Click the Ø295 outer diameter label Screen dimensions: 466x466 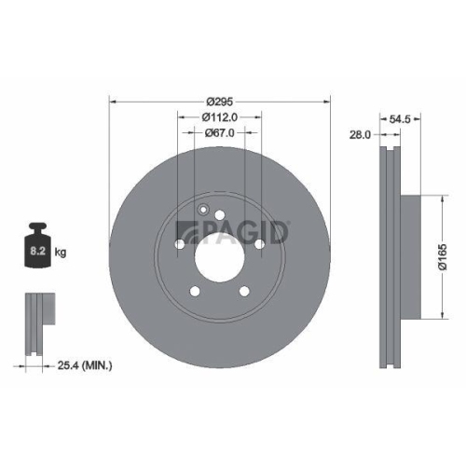click(x=220, y=100)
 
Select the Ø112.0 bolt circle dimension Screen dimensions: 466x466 click(x=221, y=116)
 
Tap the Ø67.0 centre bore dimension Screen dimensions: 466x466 click(x=221, y=133)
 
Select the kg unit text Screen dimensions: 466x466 click(x=61, y=253)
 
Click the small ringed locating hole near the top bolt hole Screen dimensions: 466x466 click(x=204, y=210)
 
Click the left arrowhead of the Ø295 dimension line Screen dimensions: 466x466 click(x=113, y=100)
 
